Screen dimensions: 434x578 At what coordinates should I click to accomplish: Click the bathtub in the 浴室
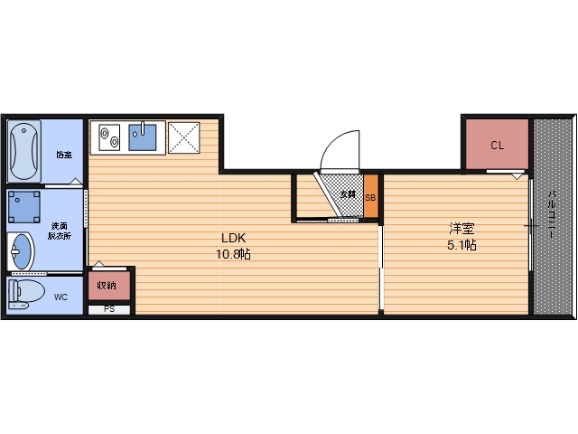coord(24,152)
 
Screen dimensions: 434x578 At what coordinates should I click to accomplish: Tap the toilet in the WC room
coord(27,293)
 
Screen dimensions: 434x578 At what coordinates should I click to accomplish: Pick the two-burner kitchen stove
coord(109,137)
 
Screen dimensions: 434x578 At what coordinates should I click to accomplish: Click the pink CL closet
coord(497,145)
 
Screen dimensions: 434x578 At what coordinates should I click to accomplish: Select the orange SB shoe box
coord(370,195)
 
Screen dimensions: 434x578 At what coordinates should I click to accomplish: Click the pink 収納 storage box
coord(108,286)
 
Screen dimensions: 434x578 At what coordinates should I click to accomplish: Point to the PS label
coord(109,309)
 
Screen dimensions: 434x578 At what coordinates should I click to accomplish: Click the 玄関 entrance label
coord(348,194)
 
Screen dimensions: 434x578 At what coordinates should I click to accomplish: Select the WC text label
coord(61,296)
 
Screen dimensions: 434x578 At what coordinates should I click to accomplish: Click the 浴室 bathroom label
coord(63,155)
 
